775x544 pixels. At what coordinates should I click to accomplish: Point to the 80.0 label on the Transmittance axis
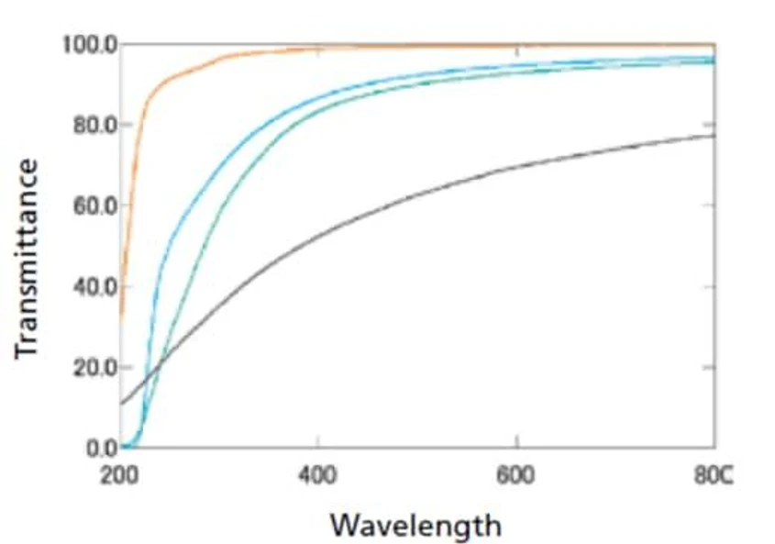[92, 125]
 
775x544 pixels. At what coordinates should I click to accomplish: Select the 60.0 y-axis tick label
[92, 205]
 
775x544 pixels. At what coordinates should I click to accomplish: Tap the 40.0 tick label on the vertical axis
[92, 286]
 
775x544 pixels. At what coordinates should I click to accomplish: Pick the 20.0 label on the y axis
[92, 367]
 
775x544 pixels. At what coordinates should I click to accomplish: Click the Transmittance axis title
[28, 259]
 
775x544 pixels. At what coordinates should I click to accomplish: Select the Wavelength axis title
[415, 525]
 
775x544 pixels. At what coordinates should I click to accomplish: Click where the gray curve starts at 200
[122, 404]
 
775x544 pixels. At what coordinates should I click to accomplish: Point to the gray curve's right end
[714, 136]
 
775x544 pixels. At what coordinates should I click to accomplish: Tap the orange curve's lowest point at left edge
[122, 315]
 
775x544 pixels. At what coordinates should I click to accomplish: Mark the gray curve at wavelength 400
[318, 237]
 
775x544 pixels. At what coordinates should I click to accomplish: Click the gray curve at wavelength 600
[516, 170]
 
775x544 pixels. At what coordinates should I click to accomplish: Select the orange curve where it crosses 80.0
[143, 125]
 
